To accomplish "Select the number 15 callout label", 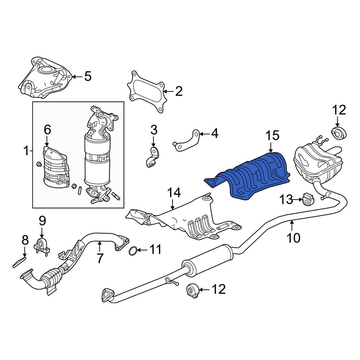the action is coord(272,135).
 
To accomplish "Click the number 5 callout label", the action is coord(88,76).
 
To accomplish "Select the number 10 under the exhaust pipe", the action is coord(293,238).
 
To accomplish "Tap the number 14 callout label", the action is coord(174,193).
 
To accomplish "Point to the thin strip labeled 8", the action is coord(19,262).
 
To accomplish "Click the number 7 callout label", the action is coord(99,258).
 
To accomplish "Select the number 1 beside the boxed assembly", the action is coord(26,151).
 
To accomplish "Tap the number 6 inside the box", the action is coord(47,130).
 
